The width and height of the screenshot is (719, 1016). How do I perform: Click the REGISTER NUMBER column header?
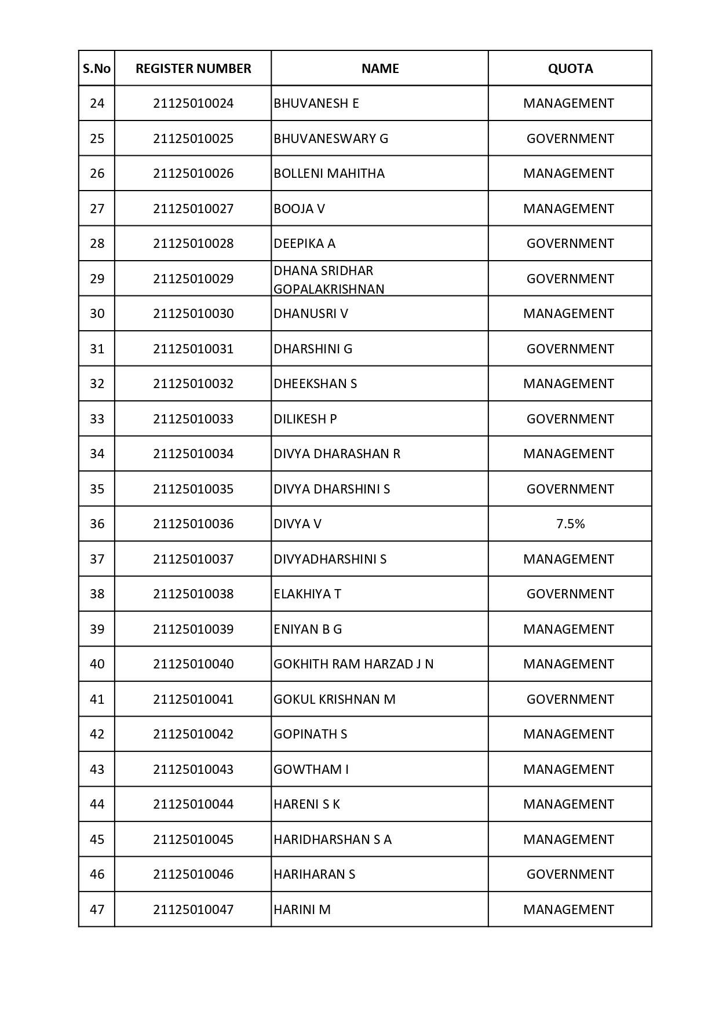point(193,68)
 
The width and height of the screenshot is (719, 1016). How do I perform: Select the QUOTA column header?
point(570,68)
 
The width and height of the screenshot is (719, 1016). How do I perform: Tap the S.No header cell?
point(97,68)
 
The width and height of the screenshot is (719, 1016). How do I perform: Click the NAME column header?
point(380,68)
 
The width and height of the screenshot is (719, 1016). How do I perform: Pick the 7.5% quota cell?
point(570,524)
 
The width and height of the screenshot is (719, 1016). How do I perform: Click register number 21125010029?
point(193,279)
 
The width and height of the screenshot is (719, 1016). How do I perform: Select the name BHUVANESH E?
point(316,103)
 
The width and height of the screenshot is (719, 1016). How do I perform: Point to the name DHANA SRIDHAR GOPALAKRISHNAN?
point(329,279)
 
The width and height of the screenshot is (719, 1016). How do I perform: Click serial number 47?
point(97,909)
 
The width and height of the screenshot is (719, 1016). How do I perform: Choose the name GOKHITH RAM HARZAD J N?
point(353,664)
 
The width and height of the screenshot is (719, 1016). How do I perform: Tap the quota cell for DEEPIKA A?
point(570,243)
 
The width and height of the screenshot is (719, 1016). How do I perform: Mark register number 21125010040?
point(193,664)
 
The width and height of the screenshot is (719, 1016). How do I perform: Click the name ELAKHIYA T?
point(308,594)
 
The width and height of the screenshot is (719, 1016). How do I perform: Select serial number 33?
point(97,419)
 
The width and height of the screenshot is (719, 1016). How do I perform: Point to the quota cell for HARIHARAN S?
point(570,874)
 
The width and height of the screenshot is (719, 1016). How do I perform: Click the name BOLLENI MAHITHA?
point(329,173)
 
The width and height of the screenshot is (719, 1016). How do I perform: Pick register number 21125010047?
point(193,909)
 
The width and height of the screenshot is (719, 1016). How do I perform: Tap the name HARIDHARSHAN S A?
point(333,839)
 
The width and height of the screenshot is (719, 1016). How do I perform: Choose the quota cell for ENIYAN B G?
point(568,629)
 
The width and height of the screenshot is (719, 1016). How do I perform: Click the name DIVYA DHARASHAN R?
point(337,454)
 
